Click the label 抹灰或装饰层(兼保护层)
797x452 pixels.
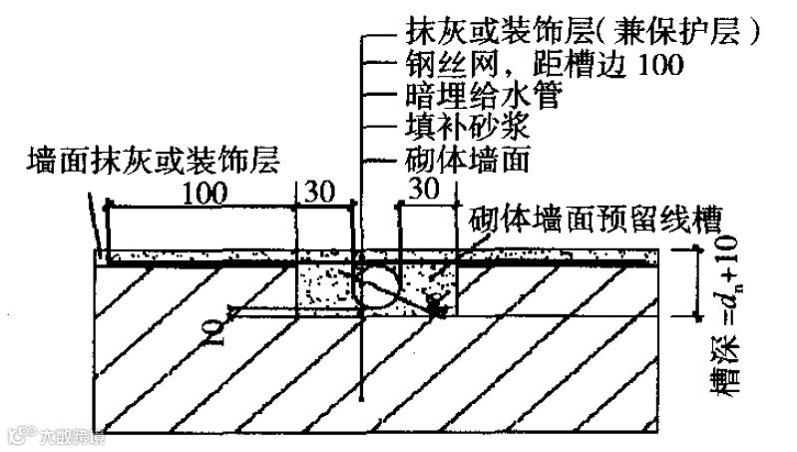(585, 29)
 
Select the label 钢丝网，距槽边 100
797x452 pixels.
(545, 66)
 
